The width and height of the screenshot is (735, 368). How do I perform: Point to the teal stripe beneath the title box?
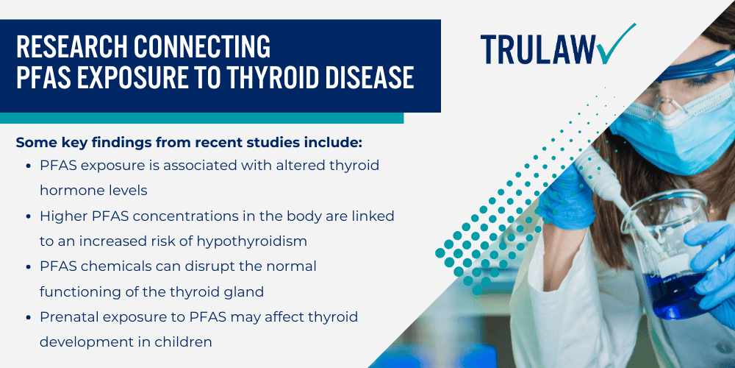pos(201,118)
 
